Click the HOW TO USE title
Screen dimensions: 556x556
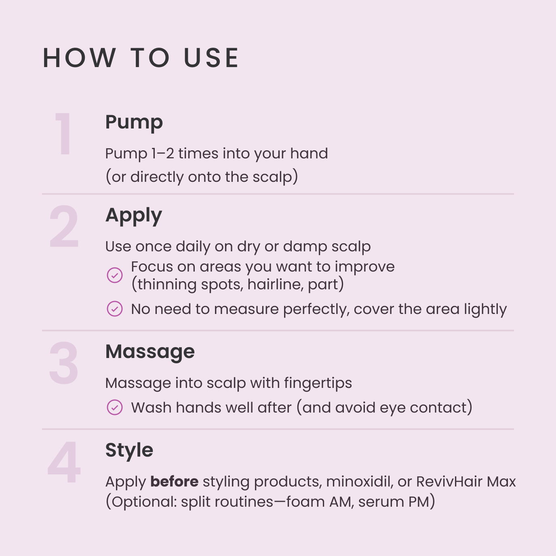(x=141, y=58)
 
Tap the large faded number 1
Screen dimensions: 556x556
(x=64, y=134)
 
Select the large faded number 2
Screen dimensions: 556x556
(x=64, y=227)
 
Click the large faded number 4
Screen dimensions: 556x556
(x=64, y=463)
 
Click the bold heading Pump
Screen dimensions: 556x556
(x=134, y=122)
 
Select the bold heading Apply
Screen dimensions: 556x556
(x=133, y=215)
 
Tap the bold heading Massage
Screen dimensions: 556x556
(x=150, y=352)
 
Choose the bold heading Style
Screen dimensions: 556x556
(x=129, y=450)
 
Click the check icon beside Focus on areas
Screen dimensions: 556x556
(x=115, y=275)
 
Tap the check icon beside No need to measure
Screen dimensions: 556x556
(x=115, y=309)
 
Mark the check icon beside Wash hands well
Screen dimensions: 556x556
(x=115, y=407)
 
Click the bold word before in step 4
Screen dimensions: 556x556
(x=174, y=482)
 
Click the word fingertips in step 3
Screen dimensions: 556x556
(x=318, y=383)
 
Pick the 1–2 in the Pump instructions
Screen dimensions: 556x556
(x=162, y=154)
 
